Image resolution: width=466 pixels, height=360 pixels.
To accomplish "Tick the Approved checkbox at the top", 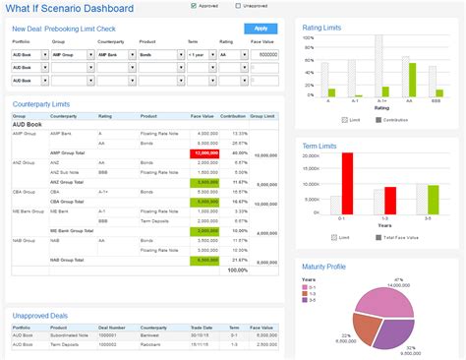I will point(194,6).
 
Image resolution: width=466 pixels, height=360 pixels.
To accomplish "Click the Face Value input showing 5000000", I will point(262,55).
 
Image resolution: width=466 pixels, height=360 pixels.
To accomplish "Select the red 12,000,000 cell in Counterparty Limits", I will point(207,153).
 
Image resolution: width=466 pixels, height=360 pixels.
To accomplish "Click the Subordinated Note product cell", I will point(70,334).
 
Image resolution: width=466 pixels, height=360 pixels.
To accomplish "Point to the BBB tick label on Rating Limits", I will point(436,100).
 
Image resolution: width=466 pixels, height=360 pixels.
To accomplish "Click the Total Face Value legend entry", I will point(399,237).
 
